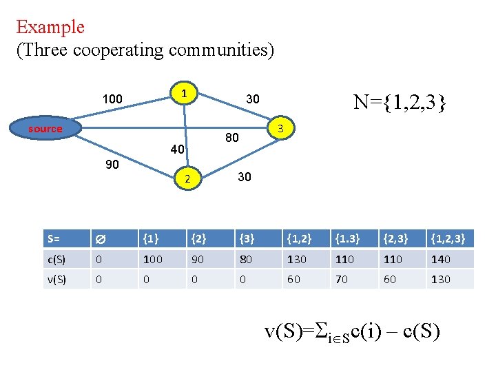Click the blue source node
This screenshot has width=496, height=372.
pyautogui.click(x=45, y=129)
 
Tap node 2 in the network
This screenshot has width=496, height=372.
pyautogui.click(x=186, y=179)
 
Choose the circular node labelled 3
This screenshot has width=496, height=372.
pyautogui.click(x=280, y=129)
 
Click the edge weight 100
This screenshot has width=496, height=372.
pyautogui.click(x=112, y=99)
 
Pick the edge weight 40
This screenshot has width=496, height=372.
pyautogui.click(x=177, y=149)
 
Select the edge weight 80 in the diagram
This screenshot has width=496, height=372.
pyautogui.click(x=232, y=138)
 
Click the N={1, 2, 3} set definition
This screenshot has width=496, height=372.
pyautogui.click(x=400, y=103)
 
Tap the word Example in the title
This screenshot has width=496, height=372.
pyautogui.click(x=50, y=28)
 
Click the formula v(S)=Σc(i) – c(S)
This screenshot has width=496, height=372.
pyautogui.click(x=352, y=331)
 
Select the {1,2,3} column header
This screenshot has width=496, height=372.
pyautogui.click(x=448, y=239)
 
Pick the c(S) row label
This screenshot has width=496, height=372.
pyautogui.click(x=57, y=259)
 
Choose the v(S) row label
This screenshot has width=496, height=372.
pyautogui.click(x=57, y=279)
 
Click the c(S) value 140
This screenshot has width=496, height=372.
pyautogui.click(x=441, y=259)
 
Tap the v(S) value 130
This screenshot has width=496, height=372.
pyautogui.click(x=441, y=279)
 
